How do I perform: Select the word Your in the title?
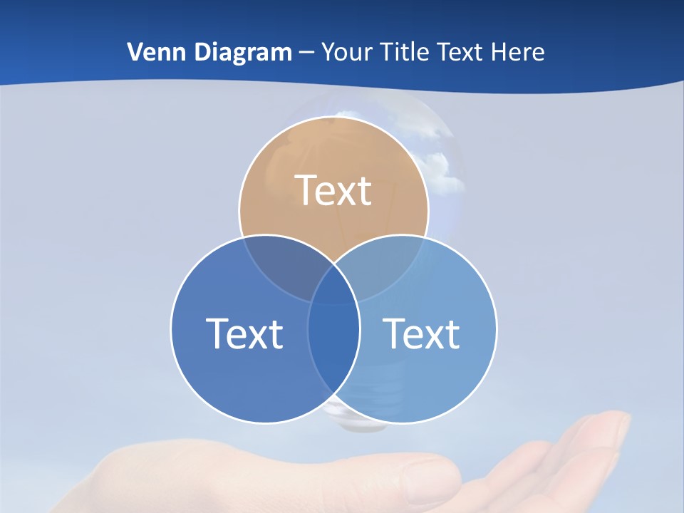(x=347, y=52)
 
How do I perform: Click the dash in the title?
(x=306, y=53)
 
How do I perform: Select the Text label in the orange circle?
(x=333, y=190)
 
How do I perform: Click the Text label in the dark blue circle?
(x=244, y=333)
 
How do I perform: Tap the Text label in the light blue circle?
(x=422, y=333)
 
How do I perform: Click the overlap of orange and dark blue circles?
(x=281, y=267)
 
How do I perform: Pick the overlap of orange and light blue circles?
(x=385, y=267)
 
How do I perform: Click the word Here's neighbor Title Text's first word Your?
(x=347, y=52)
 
